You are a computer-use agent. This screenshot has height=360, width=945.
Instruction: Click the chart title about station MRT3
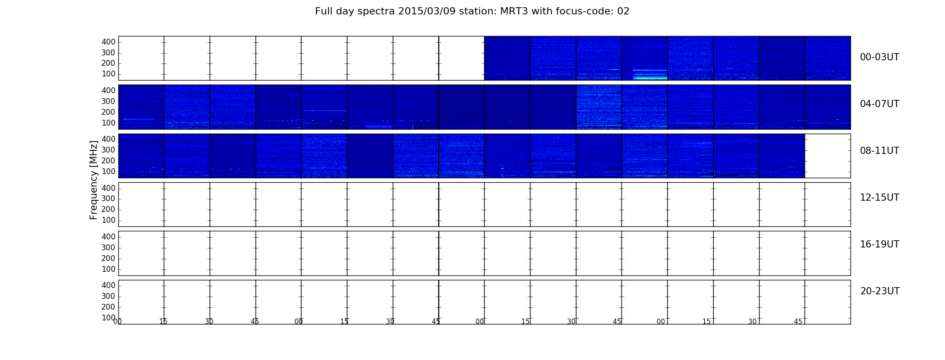[472, 11]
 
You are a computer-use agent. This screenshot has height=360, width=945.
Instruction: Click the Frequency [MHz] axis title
[94, 180]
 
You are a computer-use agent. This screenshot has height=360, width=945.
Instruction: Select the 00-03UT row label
[879, 57]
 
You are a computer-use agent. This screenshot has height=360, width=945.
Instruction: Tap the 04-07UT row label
[879, 104]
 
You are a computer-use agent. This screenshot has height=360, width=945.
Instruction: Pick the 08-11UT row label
[879, 151]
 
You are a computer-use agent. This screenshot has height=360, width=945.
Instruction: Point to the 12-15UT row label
[879, 198]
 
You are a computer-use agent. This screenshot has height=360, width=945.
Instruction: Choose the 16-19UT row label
[879, 244]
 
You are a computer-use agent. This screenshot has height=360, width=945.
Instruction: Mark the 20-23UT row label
[880, 291]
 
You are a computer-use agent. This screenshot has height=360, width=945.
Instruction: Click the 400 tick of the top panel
[108, 42]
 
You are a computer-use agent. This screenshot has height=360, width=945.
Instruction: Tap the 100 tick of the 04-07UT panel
[108, 123]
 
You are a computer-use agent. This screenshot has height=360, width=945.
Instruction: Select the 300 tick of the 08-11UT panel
[108, 150]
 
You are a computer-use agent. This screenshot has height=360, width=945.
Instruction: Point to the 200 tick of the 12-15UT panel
[108, 210]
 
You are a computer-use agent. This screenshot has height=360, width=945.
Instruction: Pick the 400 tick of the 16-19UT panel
[108, 237]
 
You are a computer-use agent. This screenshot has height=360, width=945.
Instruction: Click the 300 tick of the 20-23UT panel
[108, 296]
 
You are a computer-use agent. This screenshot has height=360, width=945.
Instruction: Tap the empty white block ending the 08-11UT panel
[828, 156]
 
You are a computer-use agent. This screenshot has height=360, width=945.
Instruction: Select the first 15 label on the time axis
[163, 322]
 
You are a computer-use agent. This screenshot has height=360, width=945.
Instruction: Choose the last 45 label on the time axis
[798, 322]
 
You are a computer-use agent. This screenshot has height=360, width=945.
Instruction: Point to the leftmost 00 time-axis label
[117, 322]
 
